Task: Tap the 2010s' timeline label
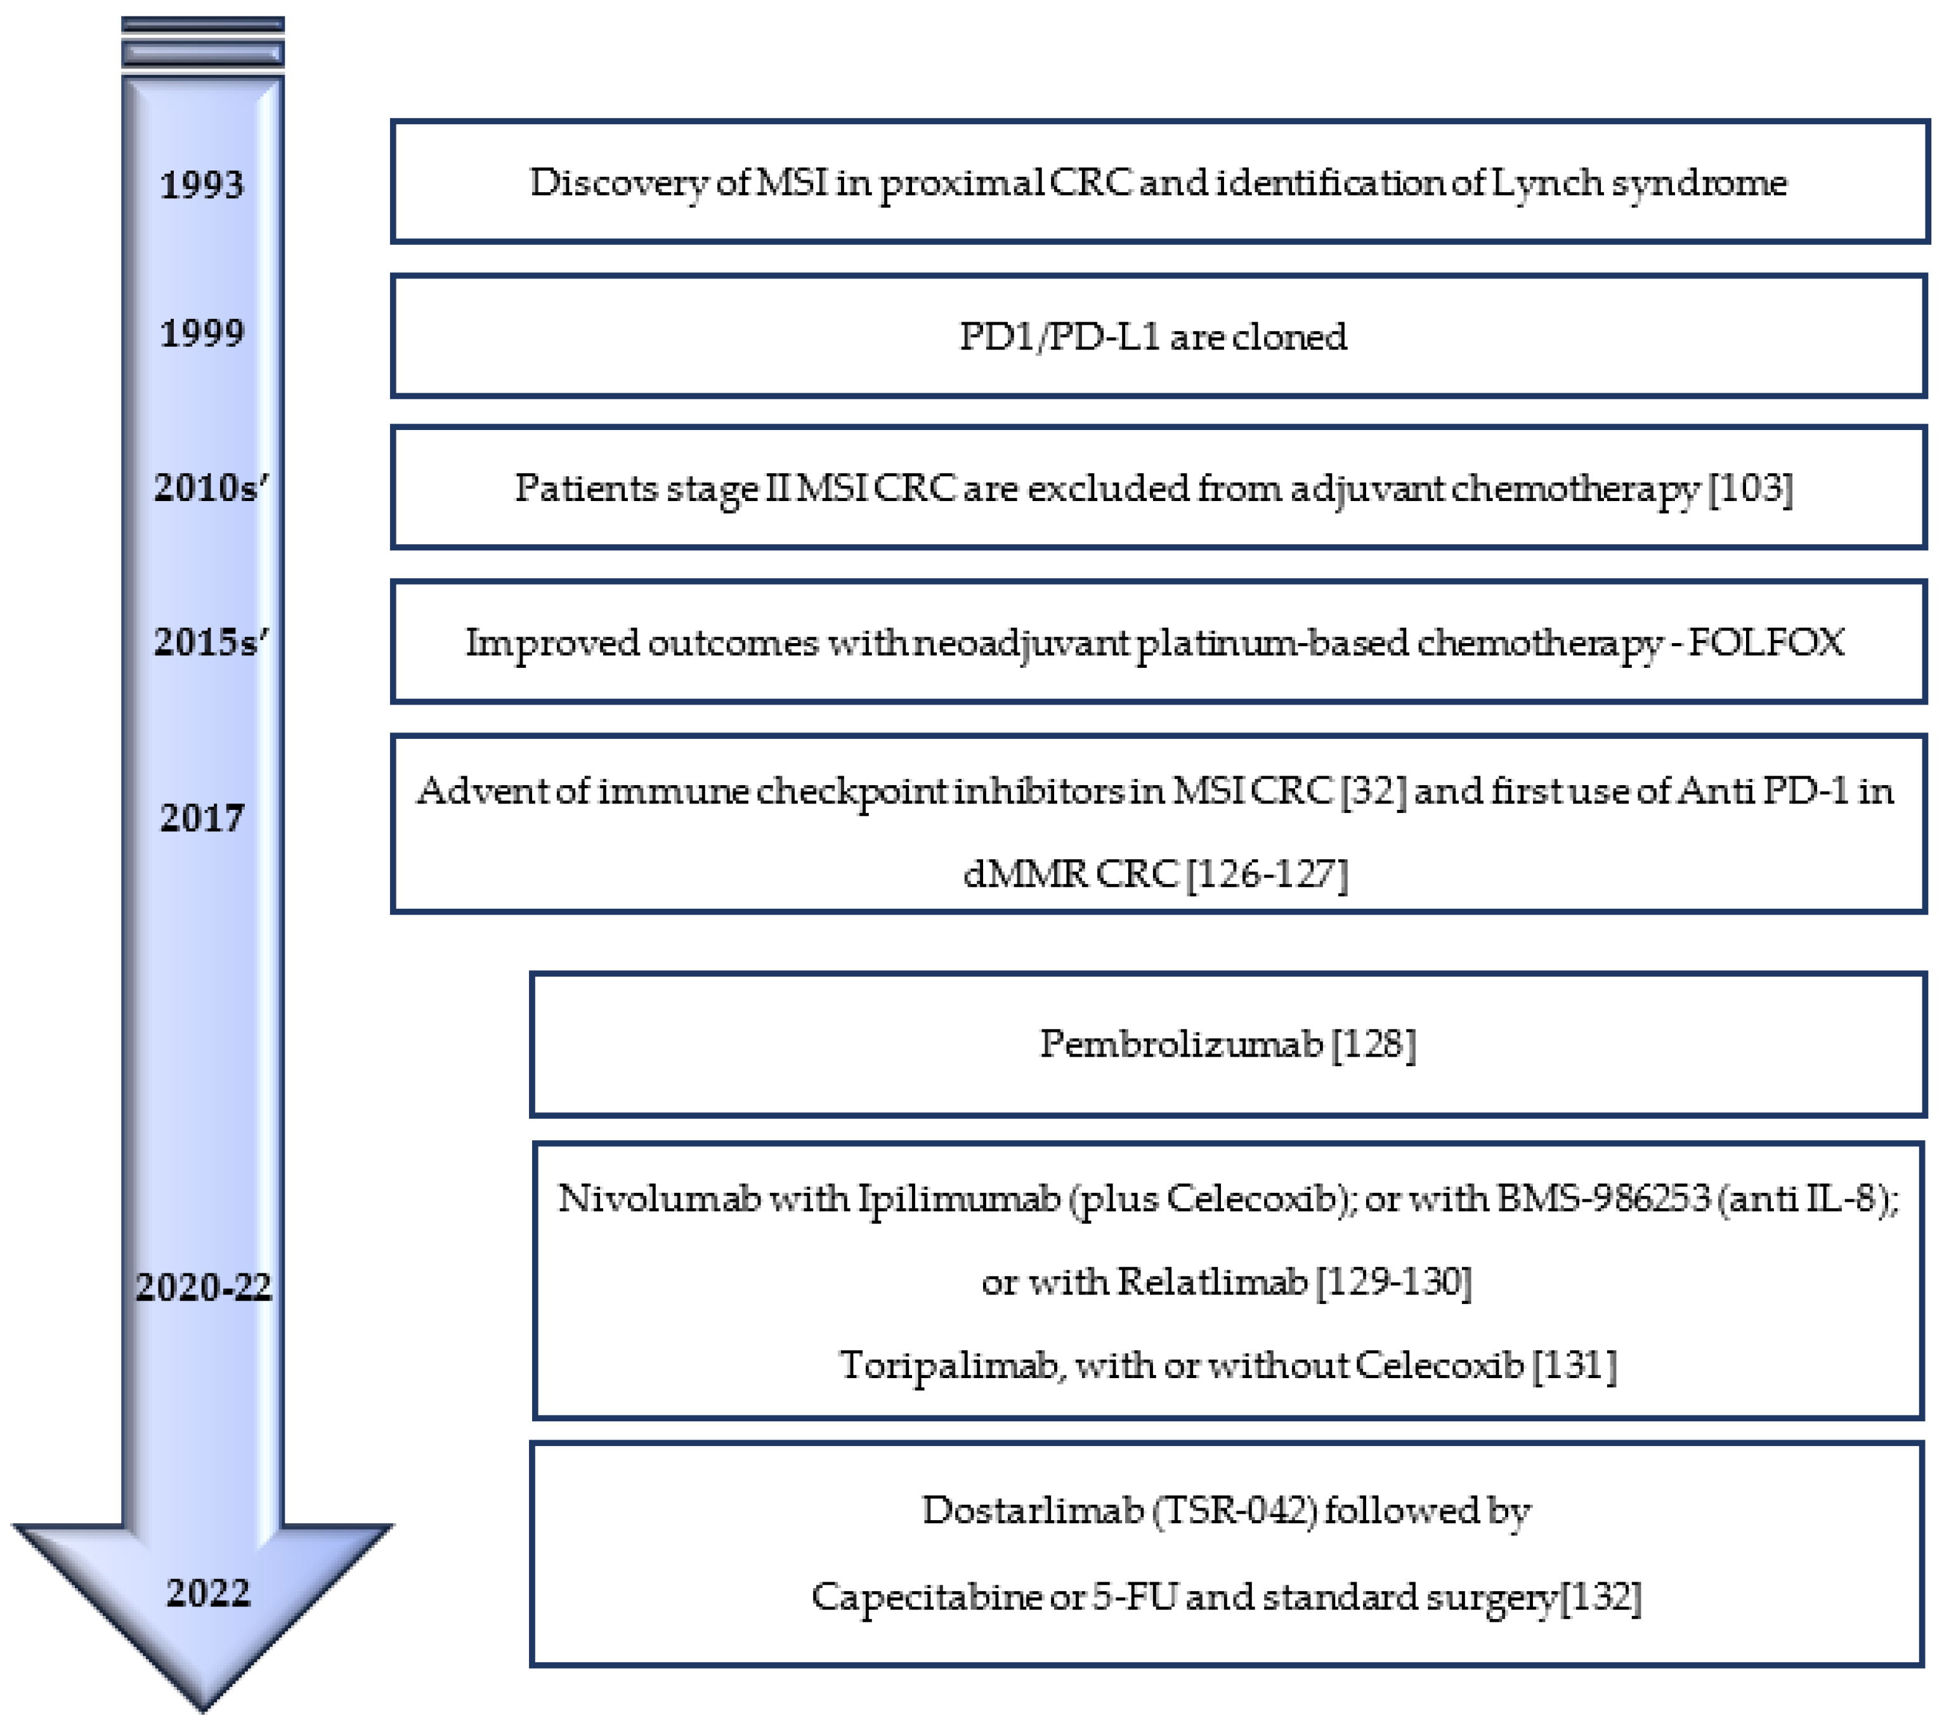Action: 211,488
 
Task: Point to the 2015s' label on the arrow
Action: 211,642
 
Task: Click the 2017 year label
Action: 202,818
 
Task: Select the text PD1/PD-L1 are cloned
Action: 1153,337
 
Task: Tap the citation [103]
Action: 1751,489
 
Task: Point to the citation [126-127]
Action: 1267,874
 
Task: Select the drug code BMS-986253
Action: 1603,1198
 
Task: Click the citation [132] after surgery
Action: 1601,1597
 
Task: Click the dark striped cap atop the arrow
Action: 203,44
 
